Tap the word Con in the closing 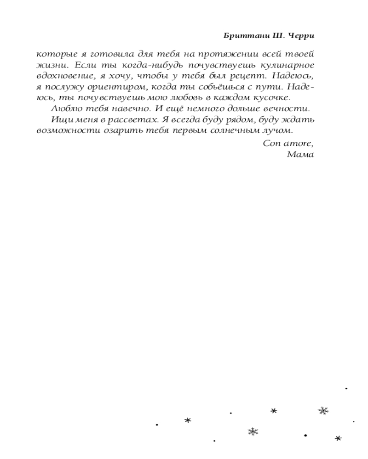coord(271,143)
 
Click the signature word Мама coord(300,154)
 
